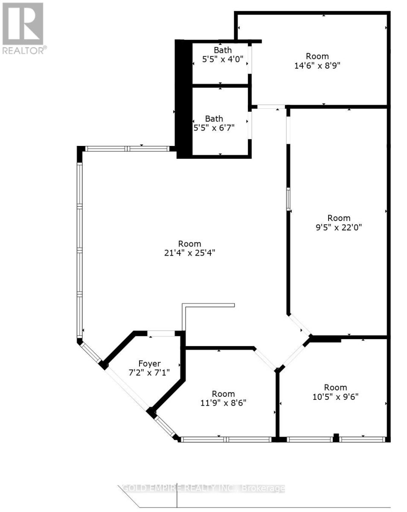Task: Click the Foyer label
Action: point(149,364)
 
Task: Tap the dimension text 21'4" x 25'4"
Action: point(189,253)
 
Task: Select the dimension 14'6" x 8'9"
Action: point(317,65)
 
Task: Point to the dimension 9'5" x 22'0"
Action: point(339,227)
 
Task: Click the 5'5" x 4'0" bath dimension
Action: point(223,59)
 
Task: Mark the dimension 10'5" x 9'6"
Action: point(335,396)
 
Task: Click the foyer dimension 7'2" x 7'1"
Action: point(149,372)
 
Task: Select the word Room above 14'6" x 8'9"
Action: point(317,56)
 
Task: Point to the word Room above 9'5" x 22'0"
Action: point(339,218)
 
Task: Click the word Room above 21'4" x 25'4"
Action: point(189,244)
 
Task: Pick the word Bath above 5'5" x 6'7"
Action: point(214,119)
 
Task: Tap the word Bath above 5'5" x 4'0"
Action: point(223,51)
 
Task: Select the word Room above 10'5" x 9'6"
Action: point(335,387)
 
